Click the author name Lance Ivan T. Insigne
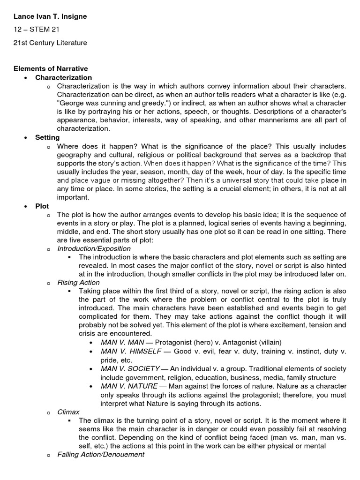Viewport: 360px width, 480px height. [x=50, y=16]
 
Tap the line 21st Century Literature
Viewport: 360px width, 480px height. [x=50, y=43]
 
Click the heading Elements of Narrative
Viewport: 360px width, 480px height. [x=50, y=69]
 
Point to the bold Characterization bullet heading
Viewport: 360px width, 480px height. [x=64, y=77]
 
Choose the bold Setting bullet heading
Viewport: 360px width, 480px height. [x=47, y=137]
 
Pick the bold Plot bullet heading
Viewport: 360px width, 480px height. [x=42, y=206]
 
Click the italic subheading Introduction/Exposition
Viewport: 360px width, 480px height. [x=94, y=248]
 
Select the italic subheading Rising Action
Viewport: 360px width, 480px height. [x=78, y=282]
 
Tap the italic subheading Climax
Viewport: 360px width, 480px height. [x=68, y=412]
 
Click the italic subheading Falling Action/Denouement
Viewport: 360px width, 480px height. [x=101, y=454]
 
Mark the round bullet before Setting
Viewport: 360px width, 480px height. [x=27, y=138]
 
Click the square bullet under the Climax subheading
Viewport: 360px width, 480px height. [x=69, y=421]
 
